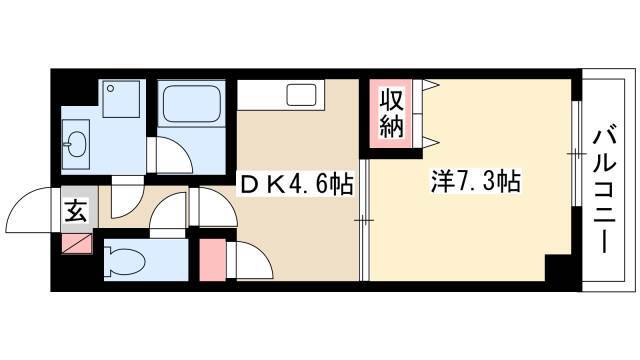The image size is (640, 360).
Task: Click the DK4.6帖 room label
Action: click(296, 184)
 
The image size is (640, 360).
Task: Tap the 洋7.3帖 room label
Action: click(476, 182)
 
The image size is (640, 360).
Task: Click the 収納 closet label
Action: click(392, 113)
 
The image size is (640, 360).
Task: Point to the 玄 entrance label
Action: click(76, 211)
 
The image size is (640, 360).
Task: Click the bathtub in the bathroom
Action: click(191, 103)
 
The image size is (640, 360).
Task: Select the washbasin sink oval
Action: click(76, 144)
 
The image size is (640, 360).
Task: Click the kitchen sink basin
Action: click(301, 95)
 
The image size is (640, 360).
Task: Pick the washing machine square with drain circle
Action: click(121, 99)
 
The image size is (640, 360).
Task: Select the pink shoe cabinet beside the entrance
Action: click(77, 244)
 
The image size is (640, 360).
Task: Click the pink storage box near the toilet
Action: click(213, 260)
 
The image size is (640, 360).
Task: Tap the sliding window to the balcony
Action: click(576, 153)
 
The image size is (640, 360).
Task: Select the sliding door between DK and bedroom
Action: click(364, 220)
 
